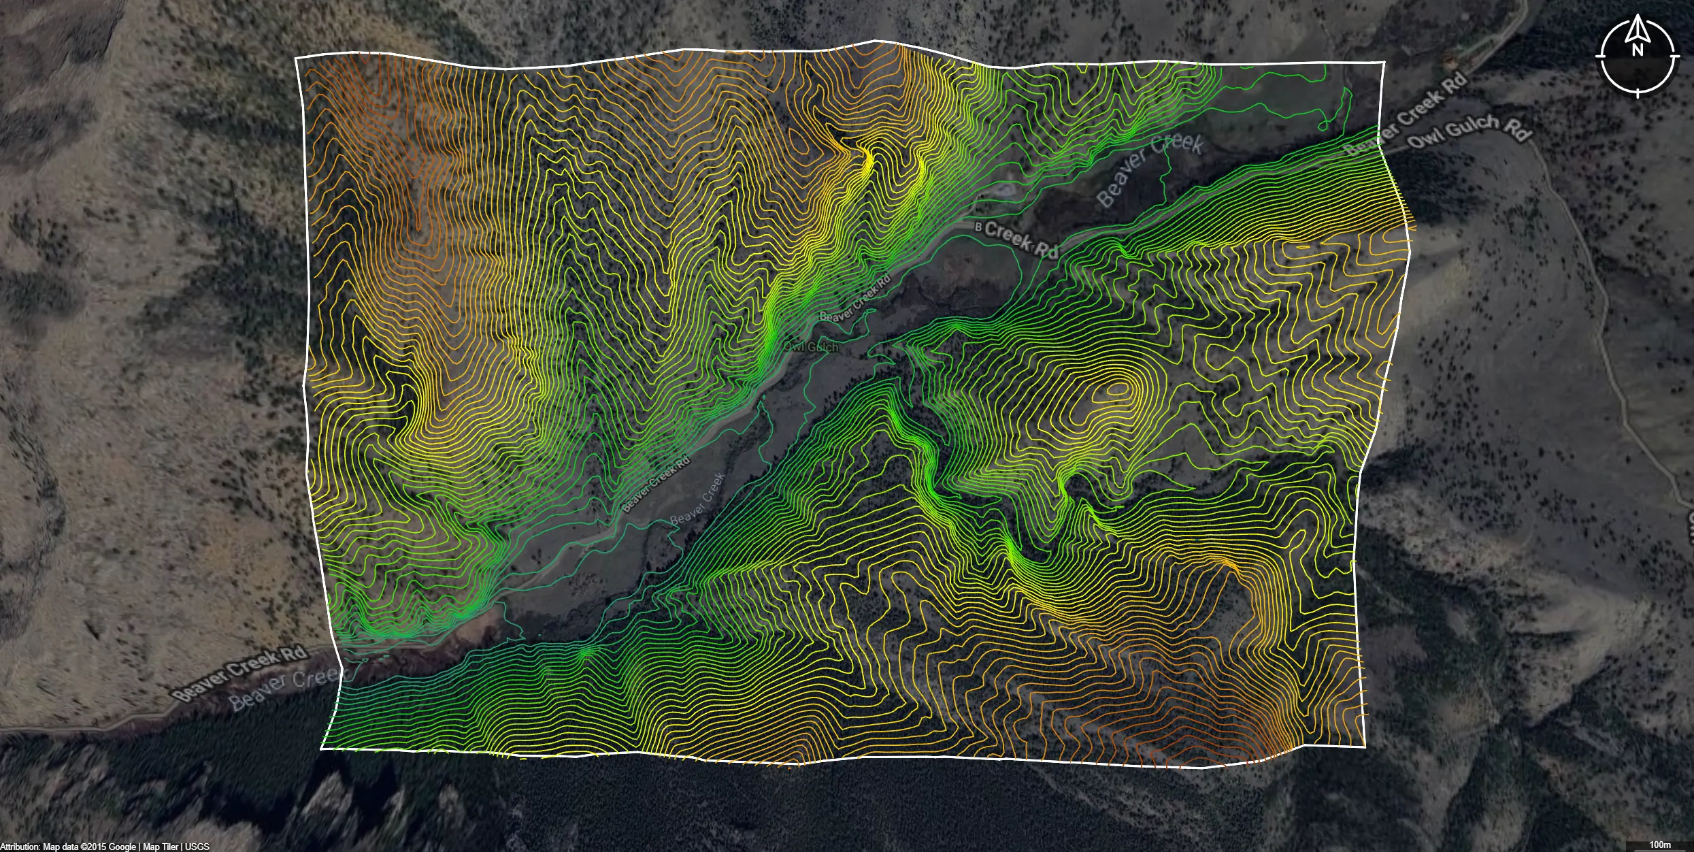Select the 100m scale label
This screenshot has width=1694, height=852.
tap(1660, 845)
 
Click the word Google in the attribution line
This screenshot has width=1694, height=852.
tap(122, 847)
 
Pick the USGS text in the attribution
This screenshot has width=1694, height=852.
tap(197, 847)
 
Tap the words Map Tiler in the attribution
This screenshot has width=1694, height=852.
tap(161, 847)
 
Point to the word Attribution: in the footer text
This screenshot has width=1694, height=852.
tap(20, 847)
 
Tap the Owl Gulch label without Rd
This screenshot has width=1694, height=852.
tap(811, 347)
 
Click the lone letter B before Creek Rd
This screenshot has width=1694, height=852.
tap(979, 227)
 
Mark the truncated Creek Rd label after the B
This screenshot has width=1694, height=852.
tap(1021, 240)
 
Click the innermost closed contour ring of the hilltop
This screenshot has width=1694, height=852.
tap(1118, 390)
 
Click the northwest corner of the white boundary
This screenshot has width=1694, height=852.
tap(296, 59)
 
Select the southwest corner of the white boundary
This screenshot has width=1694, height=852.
tap(322, 749)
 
